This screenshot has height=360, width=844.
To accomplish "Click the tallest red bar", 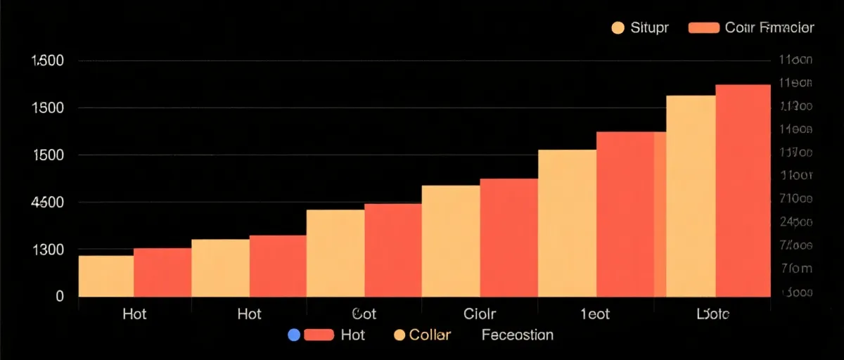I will click(x=743, y=190).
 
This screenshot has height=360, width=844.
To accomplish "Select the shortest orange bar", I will click(x=106, y=276).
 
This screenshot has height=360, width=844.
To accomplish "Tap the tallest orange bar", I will click(x=691, y=195).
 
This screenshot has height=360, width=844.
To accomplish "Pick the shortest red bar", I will click(x=162, y=272).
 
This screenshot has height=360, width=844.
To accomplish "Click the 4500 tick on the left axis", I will click(x=49, y=202).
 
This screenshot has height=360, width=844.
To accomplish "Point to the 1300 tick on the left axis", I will click(x=49, y=250).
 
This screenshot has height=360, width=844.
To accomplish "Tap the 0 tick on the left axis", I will click(x=60, y=297).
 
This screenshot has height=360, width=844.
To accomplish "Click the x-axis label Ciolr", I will click(x=480, y=314).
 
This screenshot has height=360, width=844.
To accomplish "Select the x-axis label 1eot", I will click(x=595, y=314).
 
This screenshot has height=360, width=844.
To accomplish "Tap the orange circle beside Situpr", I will click(x=618, y=27).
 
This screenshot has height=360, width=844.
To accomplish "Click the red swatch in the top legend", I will click(x=703, y=27).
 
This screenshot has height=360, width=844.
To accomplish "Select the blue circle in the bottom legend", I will click(x=294, y=335).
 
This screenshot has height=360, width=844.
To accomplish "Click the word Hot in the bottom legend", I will click(x=352, y=335).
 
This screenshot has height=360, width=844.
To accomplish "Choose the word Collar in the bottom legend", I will click(x=430, y=335).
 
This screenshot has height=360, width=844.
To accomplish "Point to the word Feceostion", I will click(x=518, y=335).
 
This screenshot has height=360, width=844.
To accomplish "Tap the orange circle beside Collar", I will click(x=399, y=335).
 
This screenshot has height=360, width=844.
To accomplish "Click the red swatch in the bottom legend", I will click(x=319, y=335).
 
